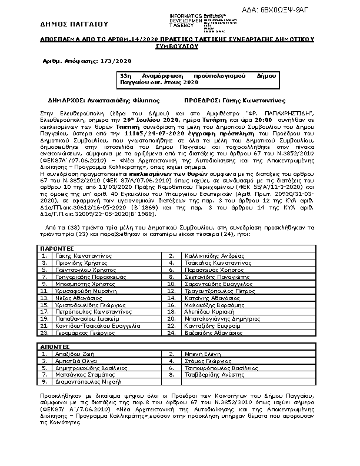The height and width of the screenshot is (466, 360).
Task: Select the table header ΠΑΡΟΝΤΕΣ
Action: tap(56, 249)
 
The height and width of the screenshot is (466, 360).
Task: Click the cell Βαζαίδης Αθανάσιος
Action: tap(211, 332)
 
